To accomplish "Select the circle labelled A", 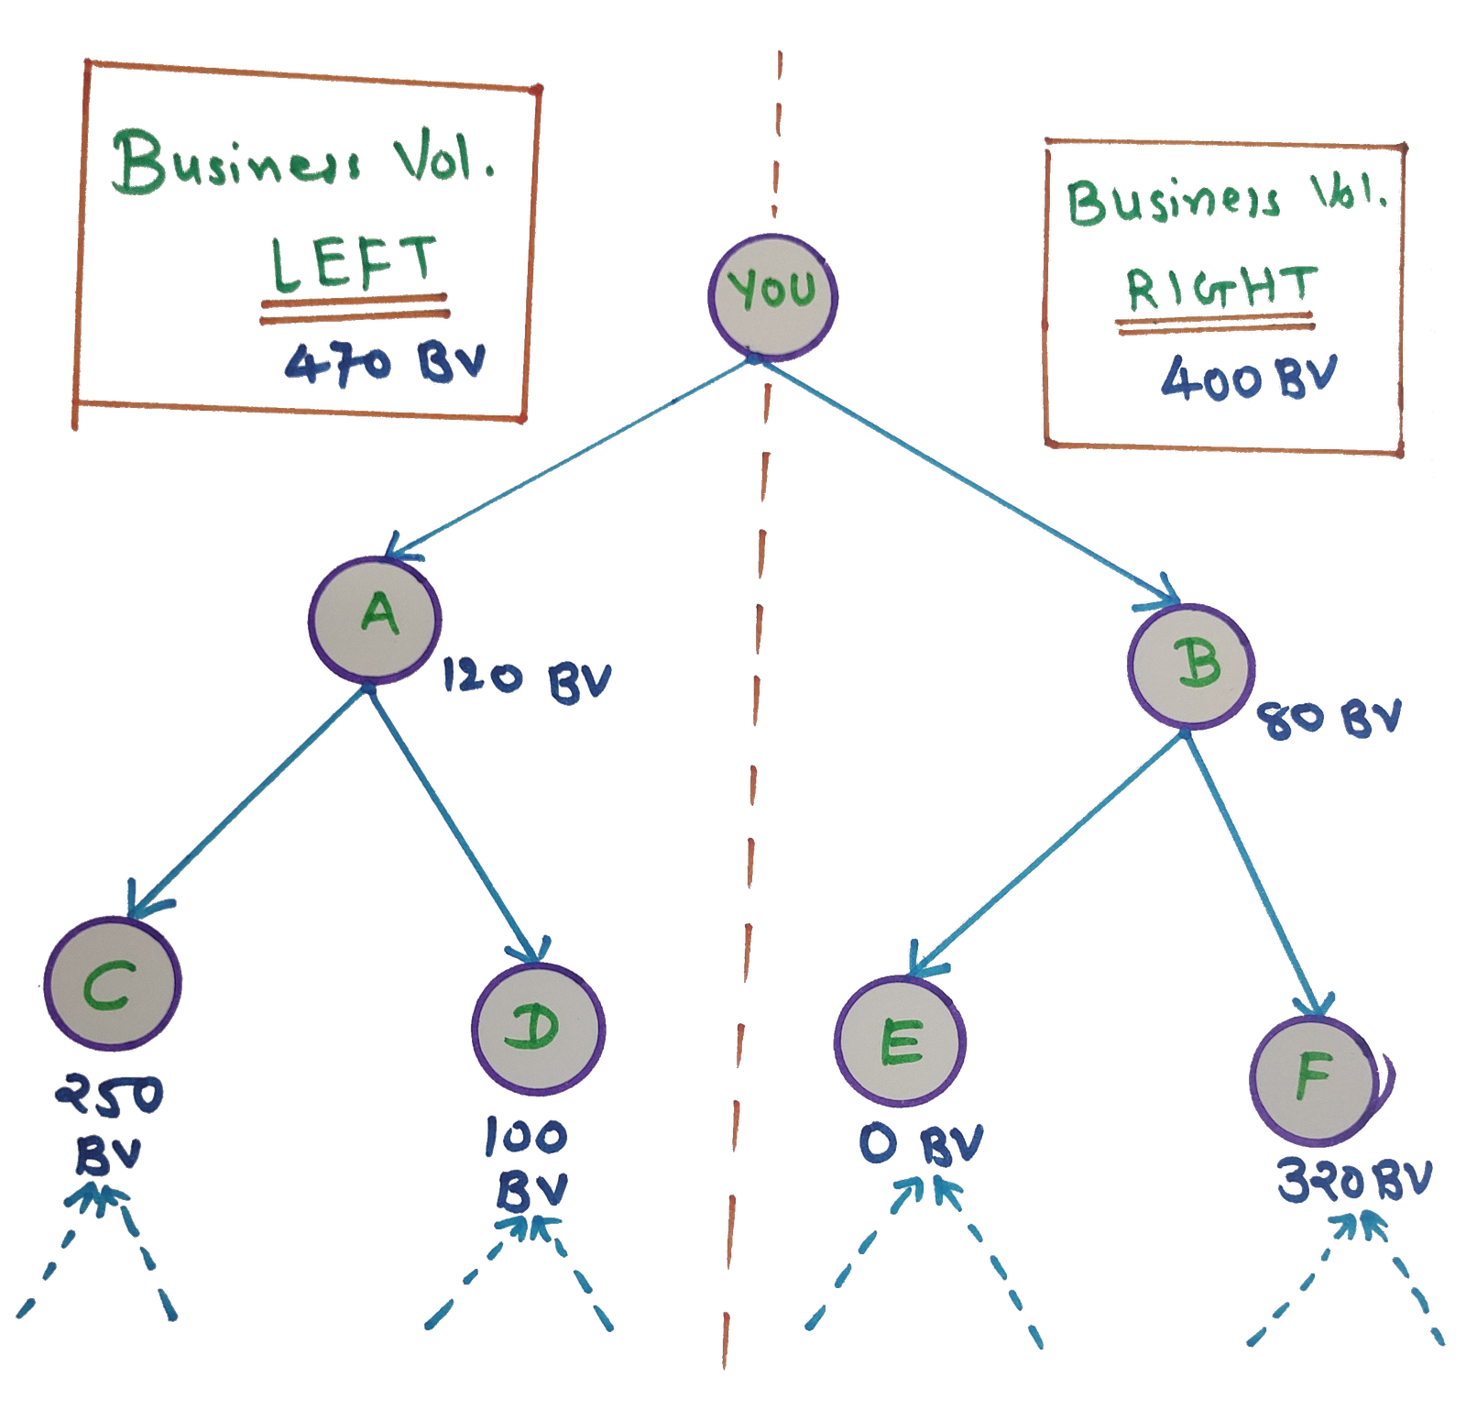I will pos(374,619).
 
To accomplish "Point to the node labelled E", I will pos(901,1043).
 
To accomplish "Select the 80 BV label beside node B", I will pos(1329,720).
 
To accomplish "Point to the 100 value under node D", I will pos(526,1139).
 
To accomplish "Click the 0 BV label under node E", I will pos(922,1146).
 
